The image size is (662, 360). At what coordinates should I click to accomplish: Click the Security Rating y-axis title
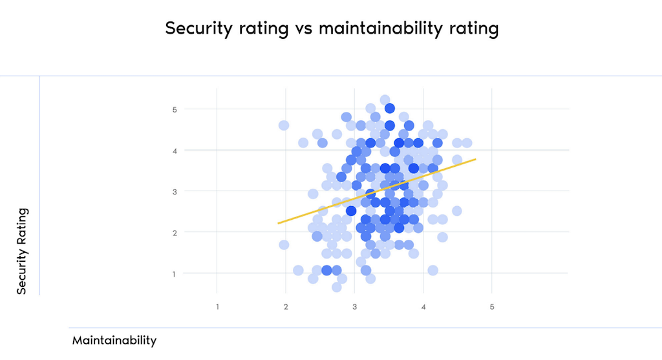pos(22,251)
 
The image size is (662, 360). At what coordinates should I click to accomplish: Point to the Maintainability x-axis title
pos(114,340)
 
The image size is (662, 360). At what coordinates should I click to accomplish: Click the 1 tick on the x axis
pos(217,306)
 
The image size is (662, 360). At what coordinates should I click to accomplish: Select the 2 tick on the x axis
pos(286,306)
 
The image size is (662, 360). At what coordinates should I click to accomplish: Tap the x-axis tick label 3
pos(354,306)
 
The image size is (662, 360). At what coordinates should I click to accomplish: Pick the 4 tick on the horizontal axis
pos(423,306)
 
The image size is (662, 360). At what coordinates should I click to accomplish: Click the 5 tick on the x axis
pos(492,306)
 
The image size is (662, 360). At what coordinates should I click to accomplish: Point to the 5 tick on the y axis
pos(174,109)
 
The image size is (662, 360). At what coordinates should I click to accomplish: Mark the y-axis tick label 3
pos(174,191)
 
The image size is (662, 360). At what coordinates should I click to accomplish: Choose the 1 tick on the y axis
pos(174,273)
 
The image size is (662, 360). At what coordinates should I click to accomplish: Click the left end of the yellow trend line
pos(279,223)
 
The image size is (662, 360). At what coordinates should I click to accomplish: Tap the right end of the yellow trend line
pos(476,158)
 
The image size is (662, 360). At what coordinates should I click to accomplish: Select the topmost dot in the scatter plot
pos(385,100)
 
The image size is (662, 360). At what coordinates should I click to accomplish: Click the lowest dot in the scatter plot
pos(337,287)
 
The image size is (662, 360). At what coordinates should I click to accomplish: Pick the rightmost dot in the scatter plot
pos(467,143)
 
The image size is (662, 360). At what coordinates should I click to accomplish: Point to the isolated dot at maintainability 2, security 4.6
pos(283,125)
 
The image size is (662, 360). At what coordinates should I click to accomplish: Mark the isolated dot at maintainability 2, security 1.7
pos(283,245)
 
